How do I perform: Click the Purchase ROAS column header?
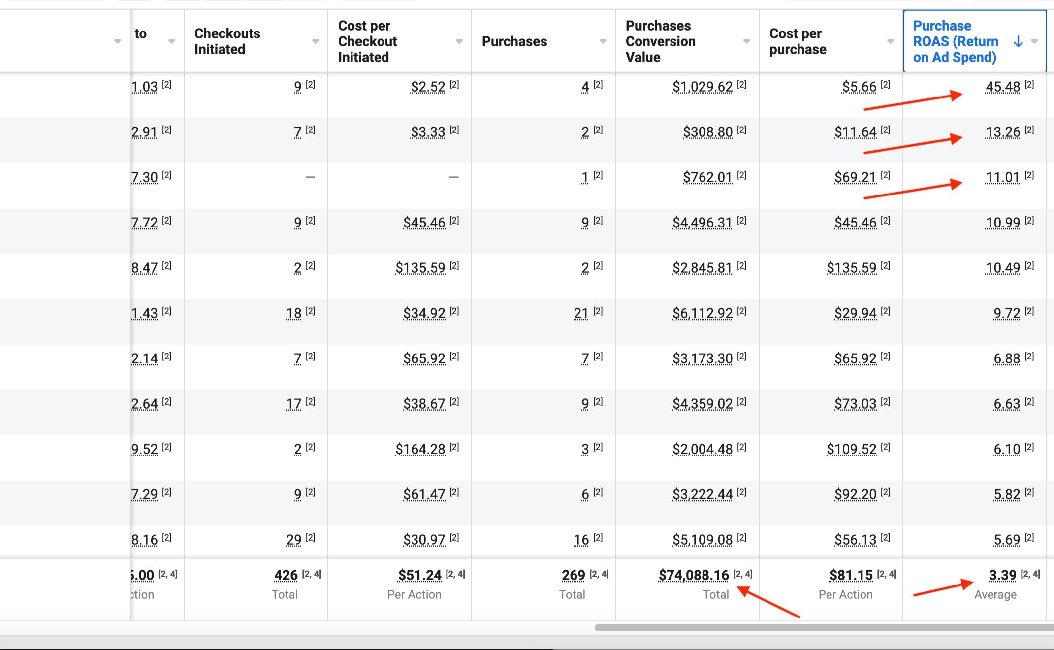[x=955, y=41]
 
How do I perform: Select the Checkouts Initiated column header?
[x=227, y=41]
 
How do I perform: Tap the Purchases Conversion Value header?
[x=660, y=41]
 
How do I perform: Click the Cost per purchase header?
[x=798, y=41]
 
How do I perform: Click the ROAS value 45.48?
[x=1002, y=87]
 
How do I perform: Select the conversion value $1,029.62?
[x=702, y=87]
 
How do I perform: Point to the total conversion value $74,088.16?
[x=693, y=575]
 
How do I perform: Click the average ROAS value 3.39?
[x=1002, y=575]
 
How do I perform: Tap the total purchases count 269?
[x=573, y=575]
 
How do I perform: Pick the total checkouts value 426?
[x=286, y=575]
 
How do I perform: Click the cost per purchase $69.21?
[x=855, y=177]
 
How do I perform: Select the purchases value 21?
[x=581, y=313]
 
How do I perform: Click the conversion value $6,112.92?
[x=702, y=313]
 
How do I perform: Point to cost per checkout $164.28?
[x=420, y=449]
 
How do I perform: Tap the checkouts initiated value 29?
[x=293, y=540]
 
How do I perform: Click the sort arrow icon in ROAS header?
[x=1018, y=41]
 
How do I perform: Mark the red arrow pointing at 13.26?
[x=913, y=145]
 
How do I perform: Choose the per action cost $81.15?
[x=851, y=575]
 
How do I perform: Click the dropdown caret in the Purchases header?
[x=603, y=41]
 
